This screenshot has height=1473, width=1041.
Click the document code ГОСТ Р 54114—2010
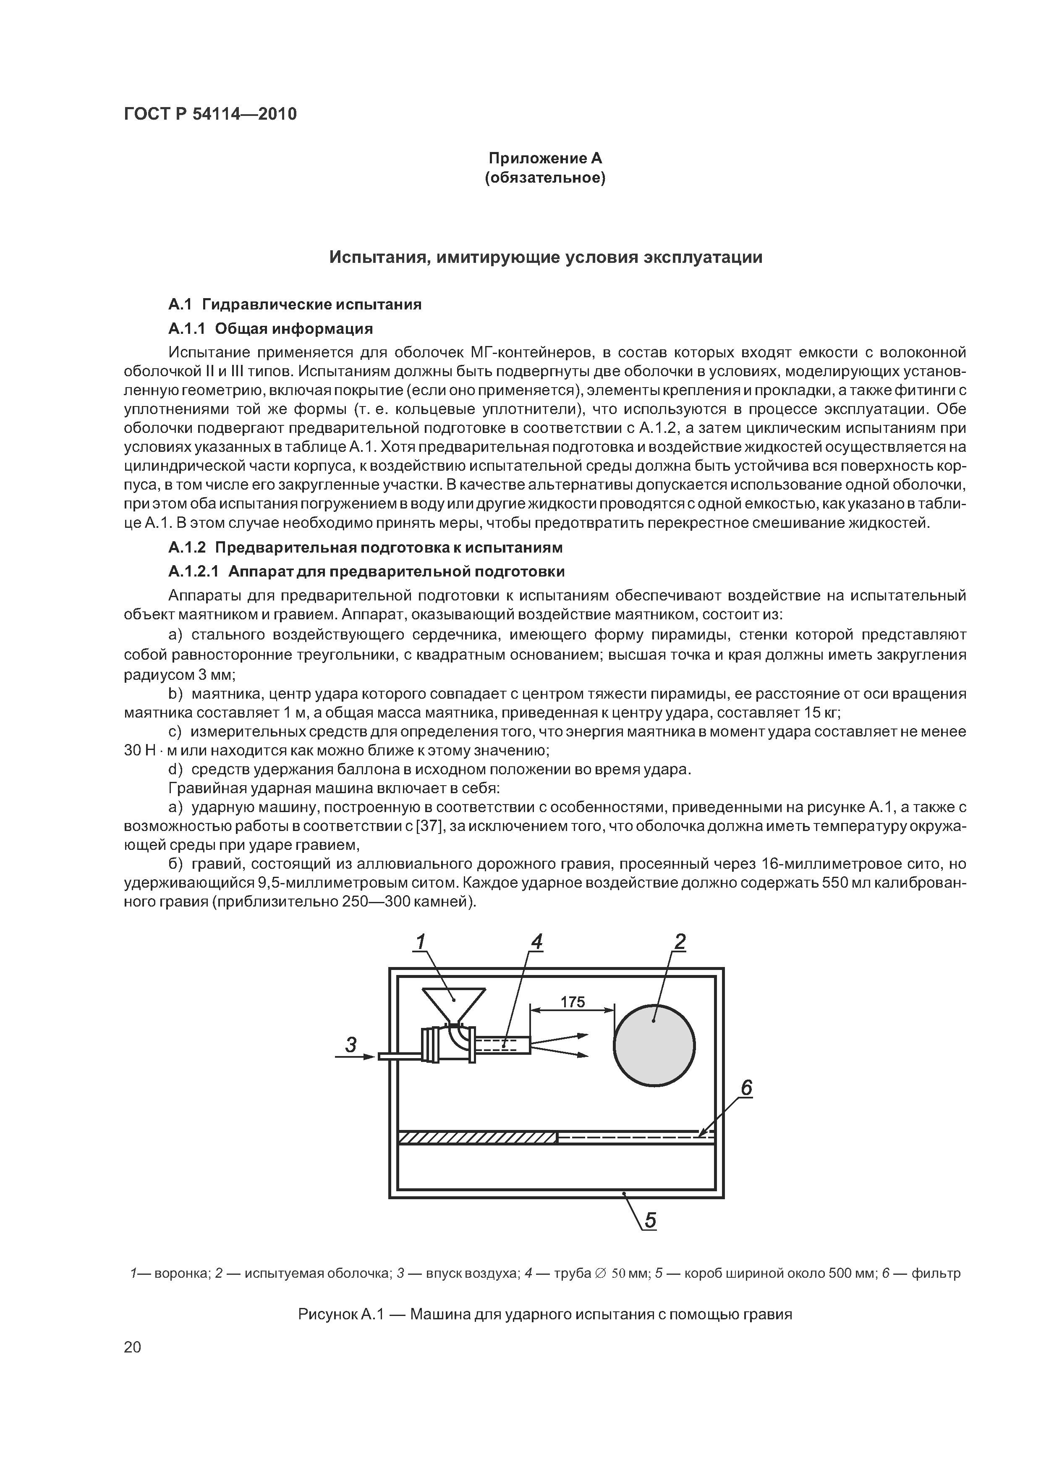click(210, 114)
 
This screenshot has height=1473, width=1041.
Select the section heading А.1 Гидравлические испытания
click(295, 304)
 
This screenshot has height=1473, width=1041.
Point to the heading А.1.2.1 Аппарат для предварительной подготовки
click(366, 571)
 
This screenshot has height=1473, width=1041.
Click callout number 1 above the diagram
click(421, 942)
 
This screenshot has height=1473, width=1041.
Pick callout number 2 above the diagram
click(680, 942)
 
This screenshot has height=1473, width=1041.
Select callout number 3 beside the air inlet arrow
click(350, 1045)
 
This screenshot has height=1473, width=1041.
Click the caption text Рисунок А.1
click(340, 1315)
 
